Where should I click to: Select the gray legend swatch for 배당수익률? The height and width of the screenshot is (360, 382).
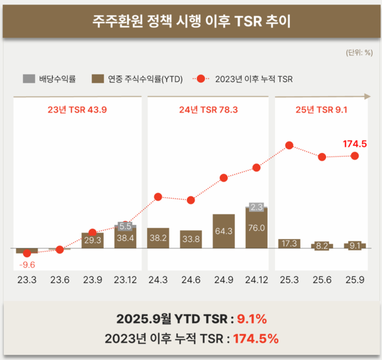pos(29,79)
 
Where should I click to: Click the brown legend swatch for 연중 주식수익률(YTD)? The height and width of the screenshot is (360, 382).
pos(99,79)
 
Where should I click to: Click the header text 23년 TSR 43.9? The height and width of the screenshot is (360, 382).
pos(77,109)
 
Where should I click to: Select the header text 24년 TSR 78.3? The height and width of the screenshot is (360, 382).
pos(208,109)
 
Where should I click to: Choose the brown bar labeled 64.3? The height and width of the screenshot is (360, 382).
pos(224,231)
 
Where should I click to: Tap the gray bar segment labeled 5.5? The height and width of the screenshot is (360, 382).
pos(125,226)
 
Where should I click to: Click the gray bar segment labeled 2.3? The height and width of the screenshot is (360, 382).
pos(257,207)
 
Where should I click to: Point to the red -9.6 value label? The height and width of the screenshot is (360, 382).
pos(27,263)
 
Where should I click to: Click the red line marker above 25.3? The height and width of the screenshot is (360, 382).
pos(290,145)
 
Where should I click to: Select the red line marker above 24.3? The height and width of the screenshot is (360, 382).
pos(159,197)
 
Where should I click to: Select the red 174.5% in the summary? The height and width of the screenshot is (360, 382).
pos(255,339)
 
